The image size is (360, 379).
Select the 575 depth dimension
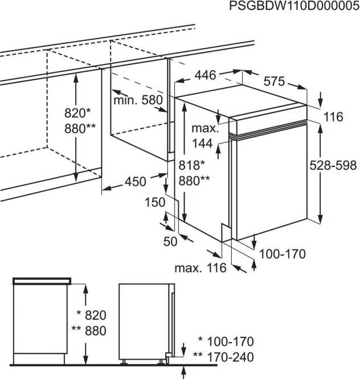click(273, 82)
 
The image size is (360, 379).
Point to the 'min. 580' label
click(137, 100)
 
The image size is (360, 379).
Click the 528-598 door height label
click(334, 166)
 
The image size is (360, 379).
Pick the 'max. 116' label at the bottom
click(201, 267)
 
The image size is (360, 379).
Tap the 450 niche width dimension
click(135, 182)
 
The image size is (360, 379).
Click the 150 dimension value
click(154, 202)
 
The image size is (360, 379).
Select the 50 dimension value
click(170, 241)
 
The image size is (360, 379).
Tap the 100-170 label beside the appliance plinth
click(283, 254)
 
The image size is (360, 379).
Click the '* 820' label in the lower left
click(91, 315)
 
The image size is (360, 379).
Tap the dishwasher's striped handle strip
click(268, 130)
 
